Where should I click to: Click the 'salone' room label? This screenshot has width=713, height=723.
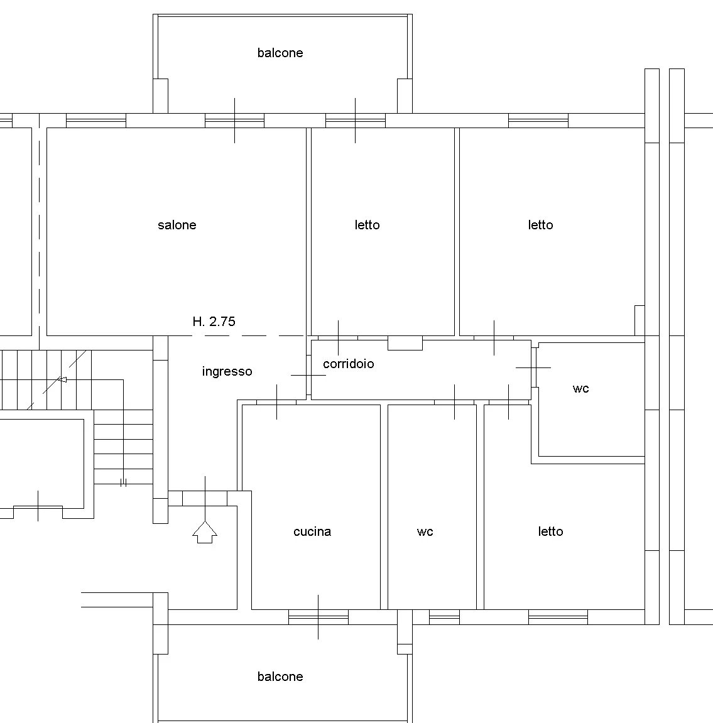coord(177,225)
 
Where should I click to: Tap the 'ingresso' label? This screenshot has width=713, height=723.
coord(227,372)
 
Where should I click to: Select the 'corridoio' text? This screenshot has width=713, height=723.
coord(348,364)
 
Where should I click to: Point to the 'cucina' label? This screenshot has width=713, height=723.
coord(312,531)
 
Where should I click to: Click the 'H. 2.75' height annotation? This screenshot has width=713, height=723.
coord(214,322)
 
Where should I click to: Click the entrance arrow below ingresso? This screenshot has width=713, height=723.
coord(205,532)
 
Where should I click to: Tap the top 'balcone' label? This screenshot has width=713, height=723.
coord(280,53)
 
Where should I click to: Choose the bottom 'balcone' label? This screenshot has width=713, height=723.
coord(280,677)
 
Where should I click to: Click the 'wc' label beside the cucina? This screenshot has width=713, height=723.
coord(425,532)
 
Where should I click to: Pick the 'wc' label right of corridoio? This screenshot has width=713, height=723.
coord(580,389)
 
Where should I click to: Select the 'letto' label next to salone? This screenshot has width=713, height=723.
coord(367,225)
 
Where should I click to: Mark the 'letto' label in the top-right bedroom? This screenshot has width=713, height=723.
coord(540,225)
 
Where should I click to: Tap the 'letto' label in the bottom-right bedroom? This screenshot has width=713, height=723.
coord(551,531)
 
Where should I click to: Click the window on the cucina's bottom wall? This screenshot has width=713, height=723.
coord(318,617)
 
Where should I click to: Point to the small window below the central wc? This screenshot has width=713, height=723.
coord(444,617)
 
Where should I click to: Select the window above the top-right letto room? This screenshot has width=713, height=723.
coord(538,121)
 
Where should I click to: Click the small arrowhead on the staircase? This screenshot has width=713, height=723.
coord(62,379)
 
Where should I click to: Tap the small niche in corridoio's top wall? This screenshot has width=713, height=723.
coord(405,343)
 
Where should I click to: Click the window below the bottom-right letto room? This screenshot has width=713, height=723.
coord(558,617)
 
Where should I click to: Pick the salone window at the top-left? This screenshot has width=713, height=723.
coord(96,121)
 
